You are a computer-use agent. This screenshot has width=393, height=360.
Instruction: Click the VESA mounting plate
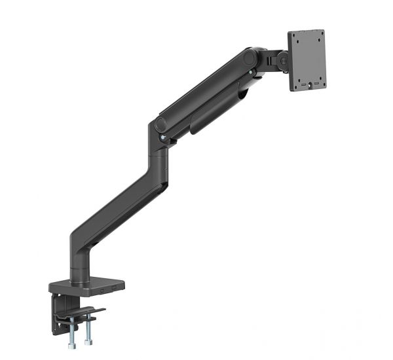(307, 60)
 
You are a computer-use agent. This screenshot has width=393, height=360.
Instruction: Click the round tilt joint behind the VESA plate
(283, 61)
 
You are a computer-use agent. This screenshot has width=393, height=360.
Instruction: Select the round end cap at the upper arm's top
(250, 58)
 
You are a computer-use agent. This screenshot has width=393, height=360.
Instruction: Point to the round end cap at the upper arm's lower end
(160, 124)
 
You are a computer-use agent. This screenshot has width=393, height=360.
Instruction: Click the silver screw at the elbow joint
(160, 138)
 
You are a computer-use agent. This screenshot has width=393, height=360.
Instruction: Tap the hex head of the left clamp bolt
(71, 344)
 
